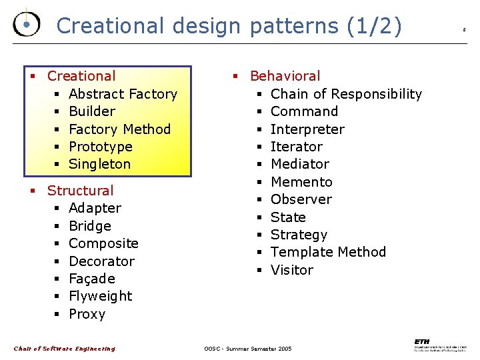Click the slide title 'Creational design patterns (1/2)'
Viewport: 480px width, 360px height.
229,26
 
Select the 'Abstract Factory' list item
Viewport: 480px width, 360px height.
123,94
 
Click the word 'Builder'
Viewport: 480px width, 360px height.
92,111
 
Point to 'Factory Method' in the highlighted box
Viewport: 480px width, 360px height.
119,129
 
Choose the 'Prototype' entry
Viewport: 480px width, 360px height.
100,147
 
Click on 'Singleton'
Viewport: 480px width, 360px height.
99,164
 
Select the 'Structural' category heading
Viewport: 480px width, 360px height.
80,191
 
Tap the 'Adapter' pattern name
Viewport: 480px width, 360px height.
95,208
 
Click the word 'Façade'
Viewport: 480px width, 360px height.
92,279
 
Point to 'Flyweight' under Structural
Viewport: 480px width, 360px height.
100,296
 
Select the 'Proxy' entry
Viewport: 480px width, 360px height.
87,314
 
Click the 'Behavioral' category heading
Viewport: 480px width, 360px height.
285,76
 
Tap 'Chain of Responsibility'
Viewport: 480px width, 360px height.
346,94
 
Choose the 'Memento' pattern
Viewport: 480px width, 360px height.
301,182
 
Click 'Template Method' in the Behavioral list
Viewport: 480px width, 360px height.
328,252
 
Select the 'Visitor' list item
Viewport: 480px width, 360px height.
291,270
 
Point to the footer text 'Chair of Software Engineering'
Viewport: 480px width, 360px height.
65,349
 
